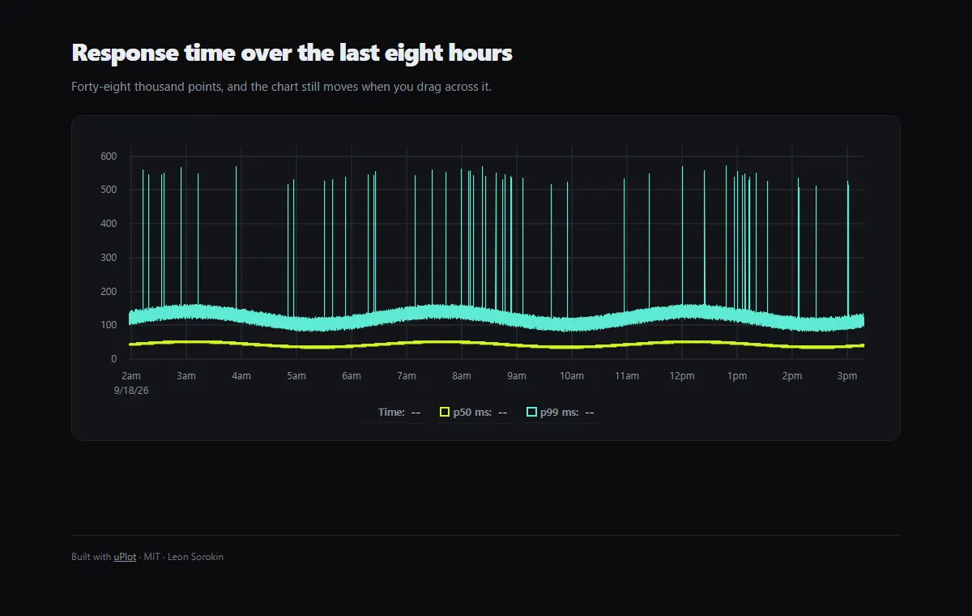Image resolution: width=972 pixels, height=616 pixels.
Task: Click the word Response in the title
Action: (x=125, y=53)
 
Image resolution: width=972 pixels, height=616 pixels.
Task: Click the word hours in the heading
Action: (x=480, y=52)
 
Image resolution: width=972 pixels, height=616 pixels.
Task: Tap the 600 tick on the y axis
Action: (x=109, y=156)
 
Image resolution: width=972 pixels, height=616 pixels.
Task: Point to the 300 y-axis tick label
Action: (x=109, y=258)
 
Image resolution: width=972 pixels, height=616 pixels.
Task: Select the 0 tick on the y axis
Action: (x=113, y=359)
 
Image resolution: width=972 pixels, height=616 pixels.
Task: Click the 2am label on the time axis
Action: (x=131, y=376)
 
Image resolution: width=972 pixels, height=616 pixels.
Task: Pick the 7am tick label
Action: (x=407, y=376)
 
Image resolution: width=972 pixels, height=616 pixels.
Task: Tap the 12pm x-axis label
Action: (x=682, y=376)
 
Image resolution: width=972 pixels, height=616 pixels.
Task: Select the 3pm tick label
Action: (x=847, y=376)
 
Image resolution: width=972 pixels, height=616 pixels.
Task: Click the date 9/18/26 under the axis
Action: (x=131, y=391)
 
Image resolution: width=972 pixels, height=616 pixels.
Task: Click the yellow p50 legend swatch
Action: (x=445, y=412)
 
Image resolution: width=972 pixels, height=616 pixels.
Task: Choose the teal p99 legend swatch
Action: (x=531, y=412)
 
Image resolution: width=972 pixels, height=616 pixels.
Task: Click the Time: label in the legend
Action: (x=391, y=413)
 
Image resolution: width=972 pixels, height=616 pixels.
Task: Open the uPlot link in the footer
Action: (x=125, y=557)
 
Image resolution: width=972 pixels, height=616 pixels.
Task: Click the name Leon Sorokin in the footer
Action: (x=196, y=557)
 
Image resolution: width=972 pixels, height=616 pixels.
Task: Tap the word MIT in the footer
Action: (x=152, y=557)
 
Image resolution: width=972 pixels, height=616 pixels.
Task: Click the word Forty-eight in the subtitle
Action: (x=101, y=87)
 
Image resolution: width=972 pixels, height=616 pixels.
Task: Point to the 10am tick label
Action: (x=572, y=376)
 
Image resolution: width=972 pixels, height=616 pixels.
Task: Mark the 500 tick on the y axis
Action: (x=109, y=190)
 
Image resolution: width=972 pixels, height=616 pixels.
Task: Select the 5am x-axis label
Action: (x=296, y=376)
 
